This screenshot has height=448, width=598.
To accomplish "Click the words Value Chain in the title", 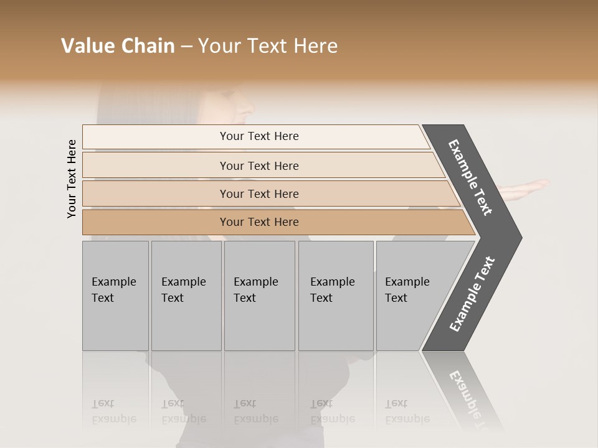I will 118,46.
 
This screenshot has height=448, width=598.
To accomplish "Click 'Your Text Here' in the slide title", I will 268,46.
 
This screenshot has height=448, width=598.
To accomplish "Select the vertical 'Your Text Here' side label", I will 72,179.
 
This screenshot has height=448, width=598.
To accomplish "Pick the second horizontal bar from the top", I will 259,166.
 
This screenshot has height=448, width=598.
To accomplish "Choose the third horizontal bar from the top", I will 259,194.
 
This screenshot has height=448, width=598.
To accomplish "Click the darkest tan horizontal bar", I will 259,222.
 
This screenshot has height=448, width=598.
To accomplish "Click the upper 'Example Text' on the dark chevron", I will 470,177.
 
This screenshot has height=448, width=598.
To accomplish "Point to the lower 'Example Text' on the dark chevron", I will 472,294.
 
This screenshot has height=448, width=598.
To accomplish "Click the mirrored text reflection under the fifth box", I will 406,411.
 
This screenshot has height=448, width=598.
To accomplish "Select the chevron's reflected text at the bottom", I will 468,395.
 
